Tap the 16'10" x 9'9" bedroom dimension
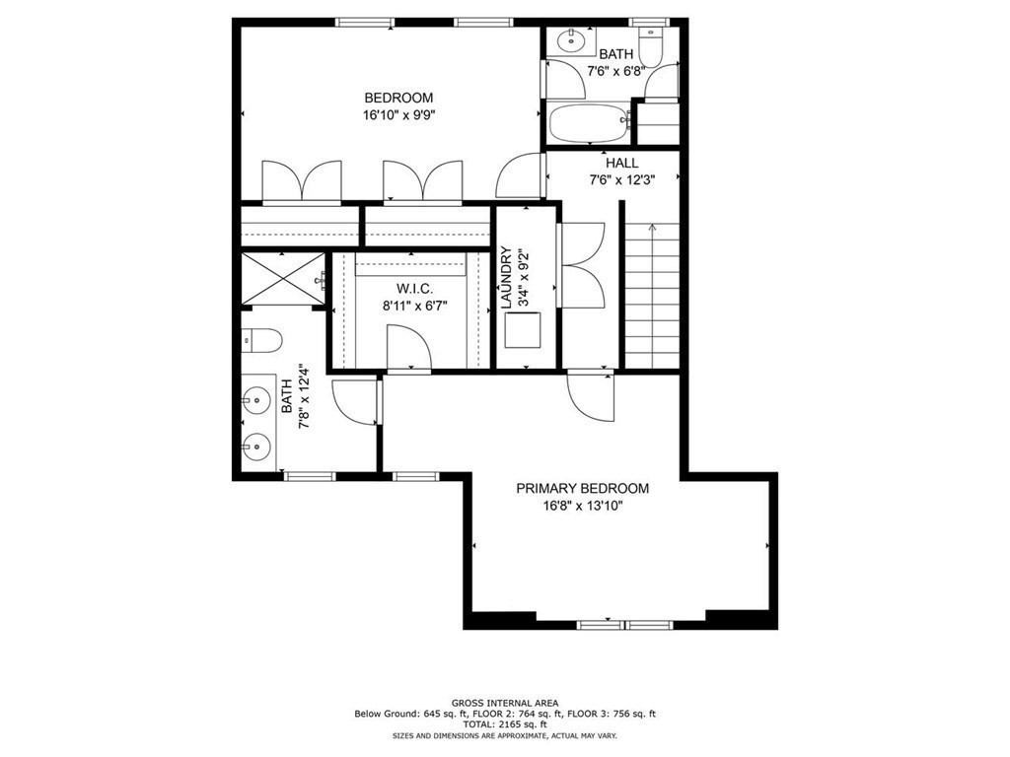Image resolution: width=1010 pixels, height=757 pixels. coord(398,114)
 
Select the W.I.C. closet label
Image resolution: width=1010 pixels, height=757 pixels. coord(409,289)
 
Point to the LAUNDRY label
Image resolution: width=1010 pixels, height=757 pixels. coord(506,279)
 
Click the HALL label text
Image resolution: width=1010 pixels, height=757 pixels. coord(621,163)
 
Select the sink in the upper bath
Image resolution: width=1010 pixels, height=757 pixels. coord(570,41)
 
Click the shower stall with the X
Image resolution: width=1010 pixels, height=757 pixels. coord(282,279)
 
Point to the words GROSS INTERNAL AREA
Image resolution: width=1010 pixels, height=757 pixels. coord(504,704)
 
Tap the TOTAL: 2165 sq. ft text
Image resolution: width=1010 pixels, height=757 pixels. coord(504,724)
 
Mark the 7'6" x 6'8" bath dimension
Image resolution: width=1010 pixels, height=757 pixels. coord(617,71)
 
